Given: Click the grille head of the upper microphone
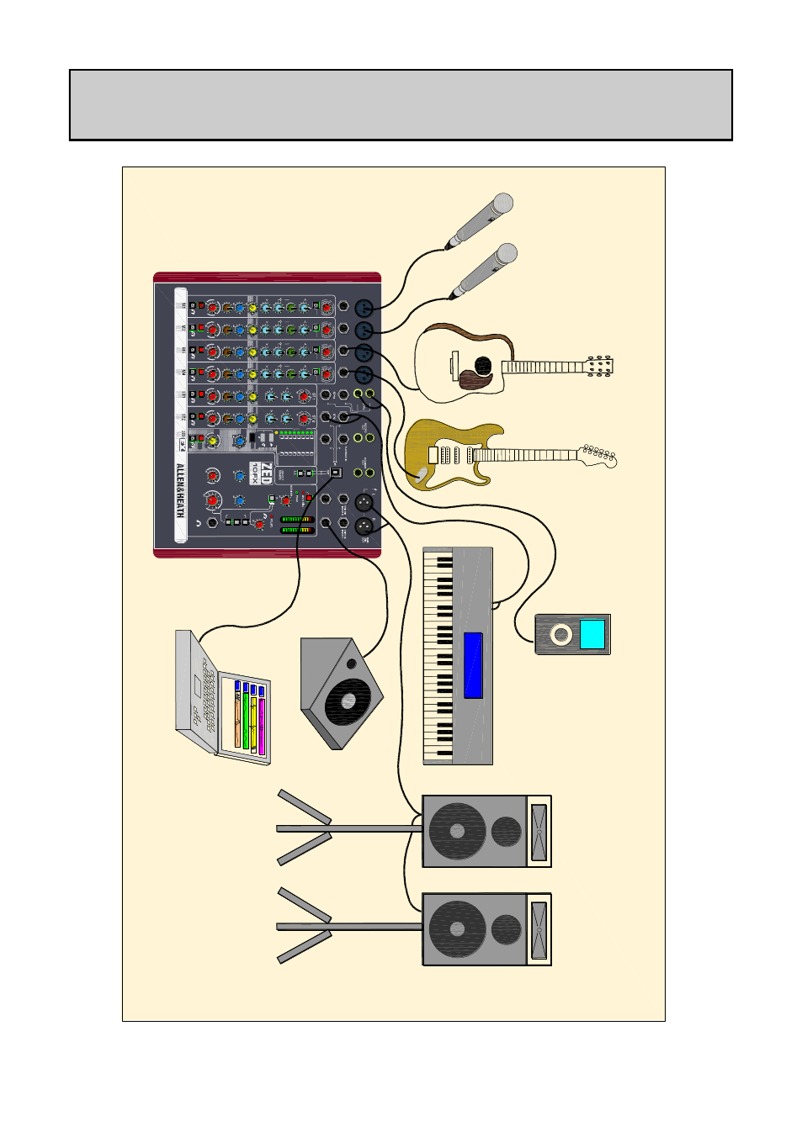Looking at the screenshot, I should [502, 203].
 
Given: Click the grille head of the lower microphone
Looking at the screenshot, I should [506, 253].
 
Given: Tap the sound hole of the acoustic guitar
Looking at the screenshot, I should [483, 365].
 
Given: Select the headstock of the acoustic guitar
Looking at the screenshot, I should [600, 366].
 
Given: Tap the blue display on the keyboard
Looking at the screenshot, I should [473, 665].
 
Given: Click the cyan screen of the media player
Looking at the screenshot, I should [592, 634].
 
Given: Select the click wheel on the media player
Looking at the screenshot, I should [561, 635].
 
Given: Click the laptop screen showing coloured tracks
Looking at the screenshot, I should [249, 715].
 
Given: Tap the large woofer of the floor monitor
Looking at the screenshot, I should [347, 701].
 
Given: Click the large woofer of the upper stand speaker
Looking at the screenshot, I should [457, 831].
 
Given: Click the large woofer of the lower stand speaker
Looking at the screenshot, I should [457, 929].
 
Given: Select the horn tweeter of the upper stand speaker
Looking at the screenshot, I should [539, 831].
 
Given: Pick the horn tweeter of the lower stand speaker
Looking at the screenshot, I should [539, 929].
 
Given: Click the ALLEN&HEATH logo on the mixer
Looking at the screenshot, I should [179, 490].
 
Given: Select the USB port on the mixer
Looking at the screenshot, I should [335, 473].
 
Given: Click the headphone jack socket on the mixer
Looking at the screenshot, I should [212, 523].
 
